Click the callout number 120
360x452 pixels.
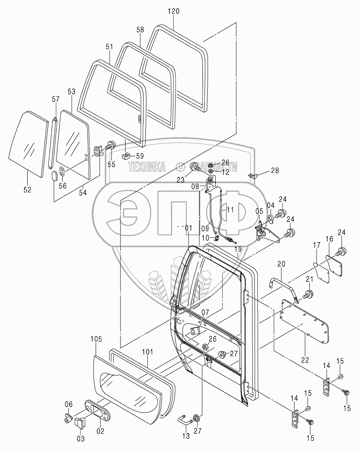[173, 11]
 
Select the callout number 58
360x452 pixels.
[140, 30]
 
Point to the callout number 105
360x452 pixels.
[96, 339]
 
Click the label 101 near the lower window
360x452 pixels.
[147, 352]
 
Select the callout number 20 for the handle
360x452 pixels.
[281, 264]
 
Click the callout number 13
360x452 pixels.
[186, 436]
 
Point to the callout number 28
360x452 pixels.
[275, 170]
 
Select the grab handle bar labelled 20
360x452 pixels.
[282, 282]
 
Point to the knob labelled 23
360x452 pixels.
[195, 168]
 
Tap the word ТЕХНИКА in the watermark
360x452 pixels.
[147, 167]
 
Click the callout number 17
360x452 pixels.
[317, 246]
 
